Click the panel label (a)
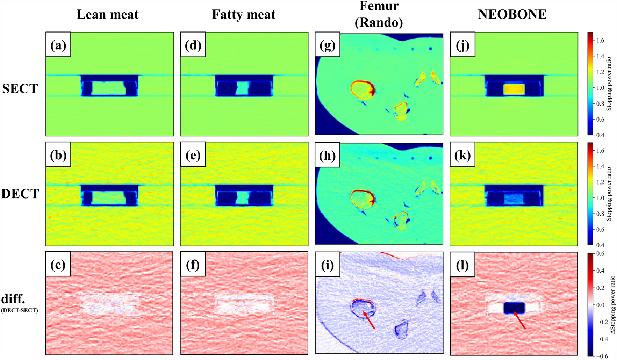[x=58, y=45]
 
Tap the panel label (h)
[x=328, y=155]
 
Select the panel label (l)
[x=462, y=265]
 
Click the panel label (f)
[x=193, y=265]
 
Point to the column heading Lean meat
[x=107, y=15]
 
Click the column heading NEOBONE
[x=512, y=15]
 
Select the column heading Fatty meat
[x=243, y=15]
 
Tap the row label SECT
[x=20, y=89]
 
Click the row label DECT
[x=20, y=194]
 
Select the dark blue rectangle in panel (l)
[x=514, y=308]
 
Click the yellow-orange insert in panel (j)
[x=514, y=89]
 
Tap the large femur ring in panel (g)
[x=363, y=89]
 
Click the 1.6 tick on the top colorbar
[x=600, y=41]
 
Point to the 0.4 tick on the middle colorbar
[x=600, y=245]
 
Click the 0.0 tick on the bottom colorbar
[x=600, y=305]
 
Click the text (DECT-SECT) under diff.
[x=20, y=310]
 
